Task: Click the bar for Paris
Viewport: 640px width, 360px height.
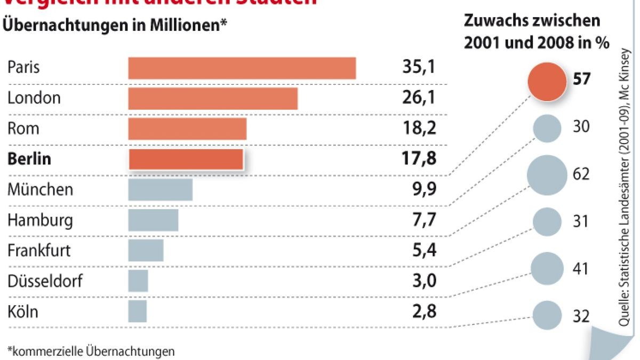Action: (242, 68)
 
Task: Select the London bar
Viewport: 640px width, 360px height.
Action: (213, 98)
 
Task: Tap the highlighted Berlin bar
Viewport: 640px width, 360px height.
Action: (186, 159)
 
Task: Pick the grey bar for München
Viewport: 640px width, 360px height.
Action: (160, 190)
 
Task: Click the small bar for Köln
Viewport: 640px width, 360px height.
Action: (138, 311)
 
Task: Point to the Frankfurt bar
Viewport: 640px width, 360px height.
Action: (146, 251)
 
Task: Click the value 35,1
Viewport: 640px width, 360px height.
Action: (419, 68)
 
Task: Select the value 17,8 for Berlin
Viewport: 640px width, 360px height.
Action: (419, 159)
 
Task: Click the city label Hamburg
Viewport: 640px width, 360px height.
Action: (40, 220)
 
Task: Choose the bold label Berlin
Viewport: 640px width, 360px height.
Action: (29, 159)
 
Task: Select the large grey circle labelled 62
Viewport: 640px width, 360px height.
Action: (547, 175)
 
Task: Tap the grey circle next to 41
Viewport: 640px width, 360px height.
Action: (547, 268)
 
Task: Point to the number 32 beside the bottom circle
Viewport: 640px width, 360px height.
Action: (581, 316)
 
